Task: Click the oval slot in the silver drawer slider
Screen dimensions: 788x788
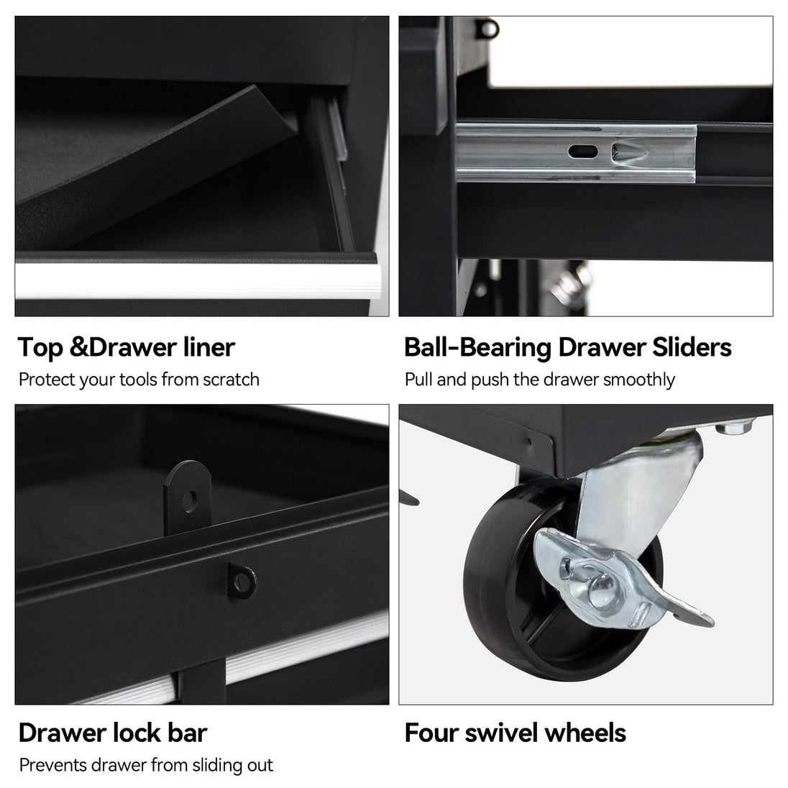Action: click(583, 151)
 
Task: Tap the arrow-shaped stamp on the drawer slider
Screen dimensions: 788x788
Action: click(628, 151)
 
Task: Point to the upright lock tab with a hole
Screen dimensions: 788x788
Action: click(187, 498)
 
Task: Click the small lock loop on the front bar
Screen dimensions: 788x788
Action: click(242, 581)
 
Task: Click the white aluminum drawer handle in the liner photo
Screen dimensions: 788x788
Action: click(197, 280)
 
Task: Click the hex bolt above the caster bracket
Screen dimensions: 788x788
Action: click(735, 426)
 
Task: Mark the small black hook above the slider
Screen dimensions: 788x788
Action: click(487, 29)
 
